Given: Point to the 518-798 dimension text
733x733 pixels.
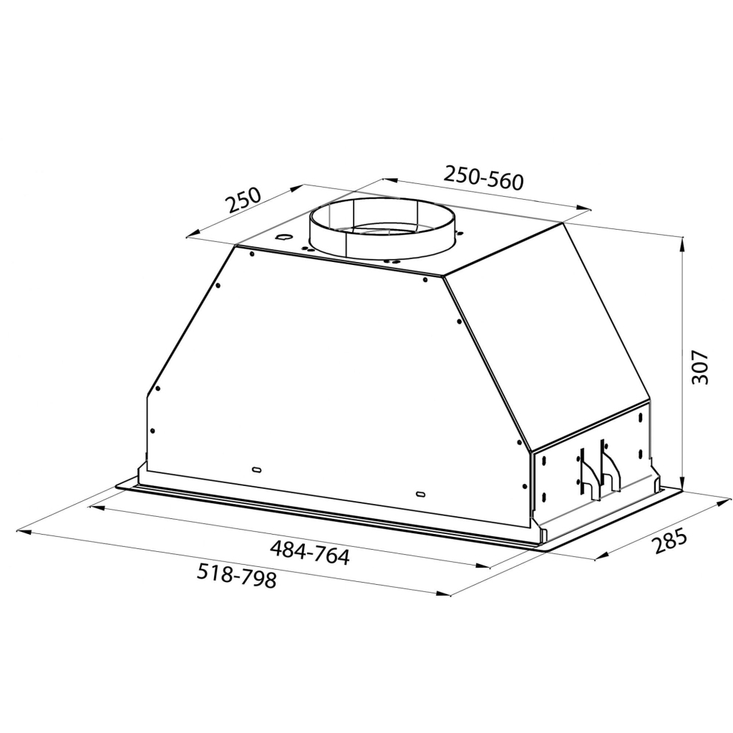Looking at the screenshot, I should [236, 576].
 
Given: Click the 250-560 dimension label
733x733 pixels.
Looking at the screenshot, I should [484, 177].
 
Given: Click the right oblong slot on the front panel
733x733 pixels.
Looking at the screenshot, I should [420, 494].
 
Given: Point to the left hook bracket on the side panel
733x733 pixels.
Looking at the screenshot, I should [586, 473].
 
